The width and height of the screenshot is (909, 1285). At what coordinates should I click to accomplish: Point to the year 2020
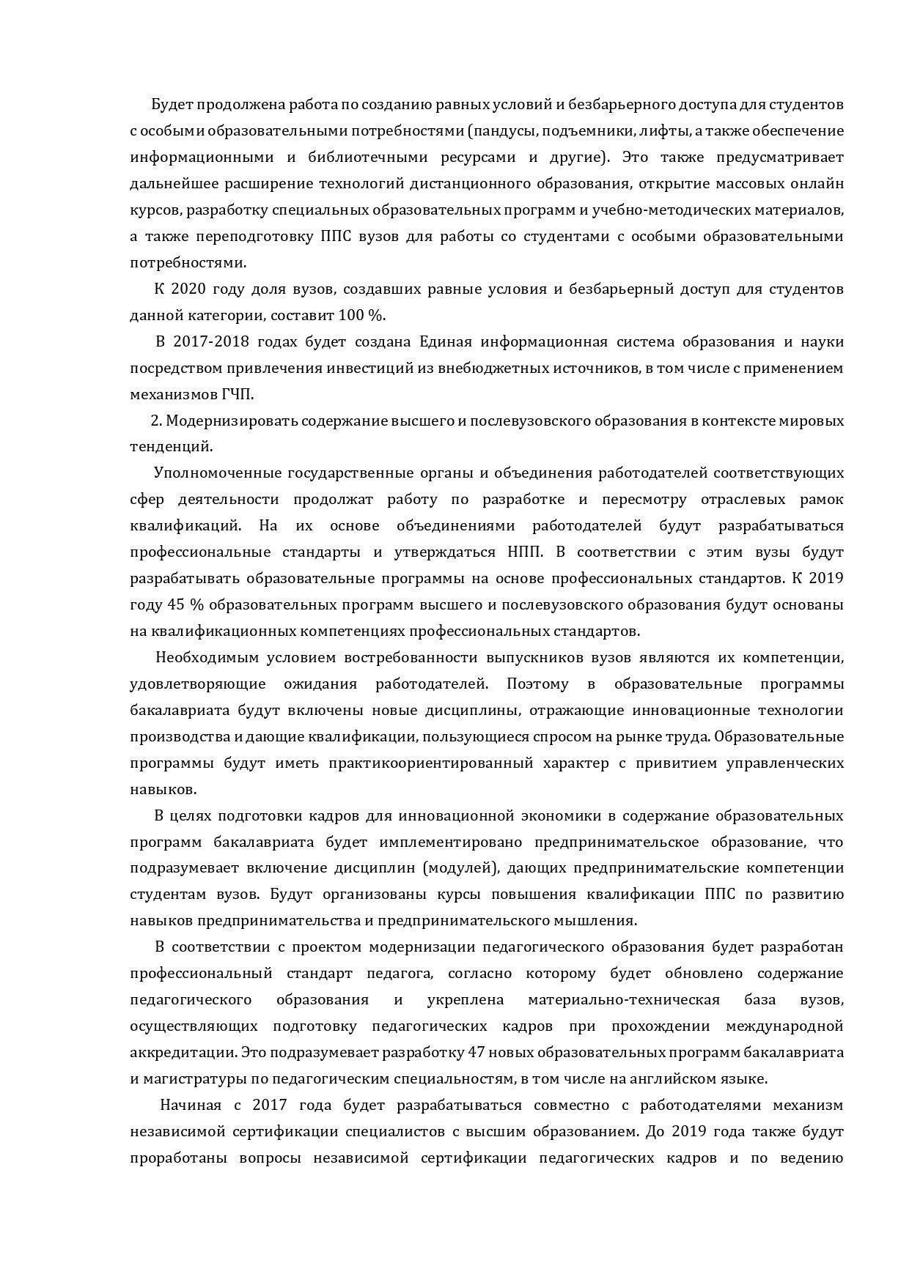pyautogui.click(x=186, y=289)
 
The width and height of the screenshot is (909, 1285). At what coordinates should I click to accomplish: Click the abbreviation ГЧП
pyautogui.click(x=237, y=395)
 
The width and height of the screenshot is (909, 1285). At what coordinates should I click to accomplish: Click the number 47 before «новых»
pyautogui.click(x=476, y=1053)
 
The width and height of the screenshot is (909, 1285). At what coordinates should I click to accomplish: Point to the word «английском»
pyautogui.click(x=666, y=1079)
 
